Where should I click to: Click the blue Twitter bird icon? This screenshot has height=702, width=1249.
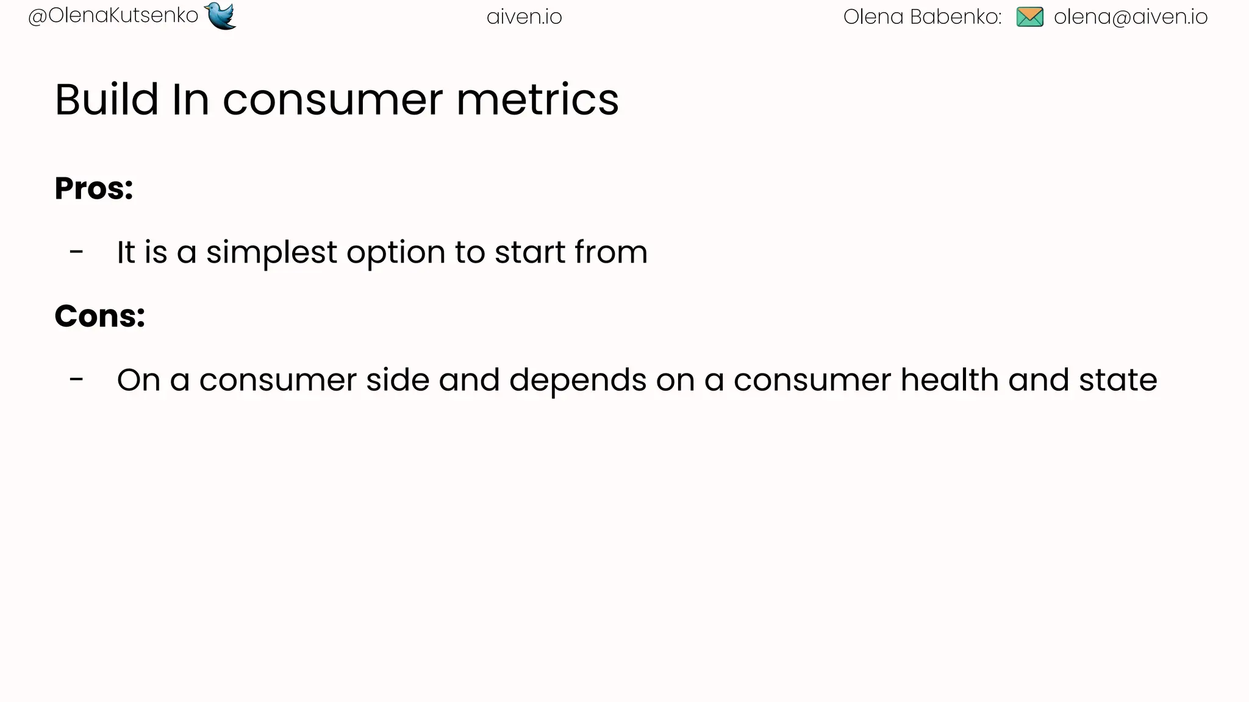pyautogui.click(x=221, y=16)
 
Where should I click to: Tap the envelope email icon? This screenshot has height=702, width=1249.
pyautogui.click(x=1029, y=17)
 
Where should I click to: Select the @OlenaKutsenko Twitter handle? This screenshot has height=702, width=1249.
pyautogui.click(x=113, y=16)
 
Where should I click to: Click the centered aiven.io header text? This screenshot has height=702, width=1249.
pyautogui.click(x=524, y=17)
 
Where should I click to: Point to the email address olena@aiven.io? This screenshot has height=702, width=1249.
pyautogui.click(x=1130, y=17)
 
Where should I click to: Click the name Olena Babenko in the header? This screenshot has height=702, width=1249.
pyautogui.click(x=922, y=17)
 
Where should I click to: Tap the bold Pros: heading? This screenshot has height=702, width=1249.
pyautogui.click(x=94, y=188)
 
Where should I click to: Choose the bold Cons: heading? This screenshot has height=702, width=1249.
pyautogui.click(x=100, y=316)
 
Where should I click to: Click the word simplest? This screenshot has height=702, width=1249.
pyautogui.click(x=271, y=252)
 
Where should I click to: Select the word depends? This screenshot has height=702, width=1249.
pyautogui.click(x=578, y=380)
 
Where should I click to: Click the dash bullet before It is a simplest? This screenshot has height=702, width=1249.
pyautogui.click(x=76, y=251)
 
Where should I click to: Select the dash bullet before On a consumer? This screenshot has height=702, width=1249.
pyautogui.click(x=76, y=379)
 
